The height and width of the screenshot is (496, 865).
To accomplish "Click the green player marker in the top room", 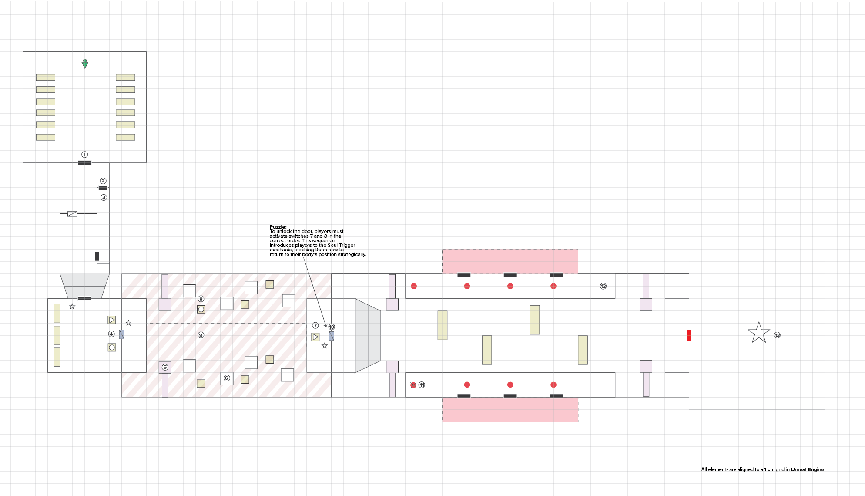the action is (85, 64).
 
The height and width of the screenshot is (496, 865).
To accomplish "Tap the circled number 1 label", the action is (85, 155).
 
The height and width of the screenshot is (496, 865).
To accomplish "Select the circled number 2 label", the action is (103, 181).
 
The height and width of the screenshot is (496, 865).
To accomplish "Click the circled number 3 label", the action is (104, 197).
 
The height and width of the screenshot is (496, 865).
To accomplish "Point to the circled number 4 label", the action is (111, 334).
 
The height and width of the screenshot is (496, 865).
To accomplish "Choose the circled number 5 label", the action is (165, 367).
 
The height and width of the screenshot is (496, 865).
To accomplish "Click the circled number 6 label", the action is (227, 378).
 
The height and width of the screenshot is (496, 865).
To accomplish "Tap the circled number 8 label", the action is (201, 299).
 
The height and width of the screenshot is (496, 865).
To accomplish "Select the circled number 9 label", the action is (201, 335).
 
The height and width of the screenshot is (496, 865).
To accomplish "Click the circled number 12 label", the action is (603, 286).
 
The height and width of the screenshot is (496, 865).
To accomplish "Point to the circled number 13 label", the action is (777, 335).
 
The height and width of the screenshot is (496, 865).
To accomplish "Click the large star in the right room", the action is (759, 333).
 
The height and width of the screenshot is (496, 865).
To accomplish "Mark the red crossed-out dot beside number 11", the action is (413, 385).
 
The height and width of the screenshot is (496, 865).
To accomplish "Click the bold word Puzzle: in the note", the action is (278, 227).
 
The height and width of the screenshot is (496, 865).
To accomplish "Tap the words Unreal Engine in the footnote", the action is (807, 469).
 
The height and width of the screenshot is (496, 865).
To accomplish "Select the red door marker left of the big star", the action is (689, 335).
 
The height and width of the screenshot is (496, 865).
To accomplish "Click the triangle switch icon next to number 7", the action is (315, 337).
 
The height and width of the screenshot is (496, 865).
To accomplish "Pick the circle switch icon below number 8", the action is (201, 309).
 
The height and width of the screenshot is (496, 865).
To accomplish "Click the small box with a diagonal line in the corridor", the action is (72, 214).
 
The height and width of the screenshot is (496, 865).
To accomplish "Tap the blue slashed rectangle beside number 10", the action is (332, 336).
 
